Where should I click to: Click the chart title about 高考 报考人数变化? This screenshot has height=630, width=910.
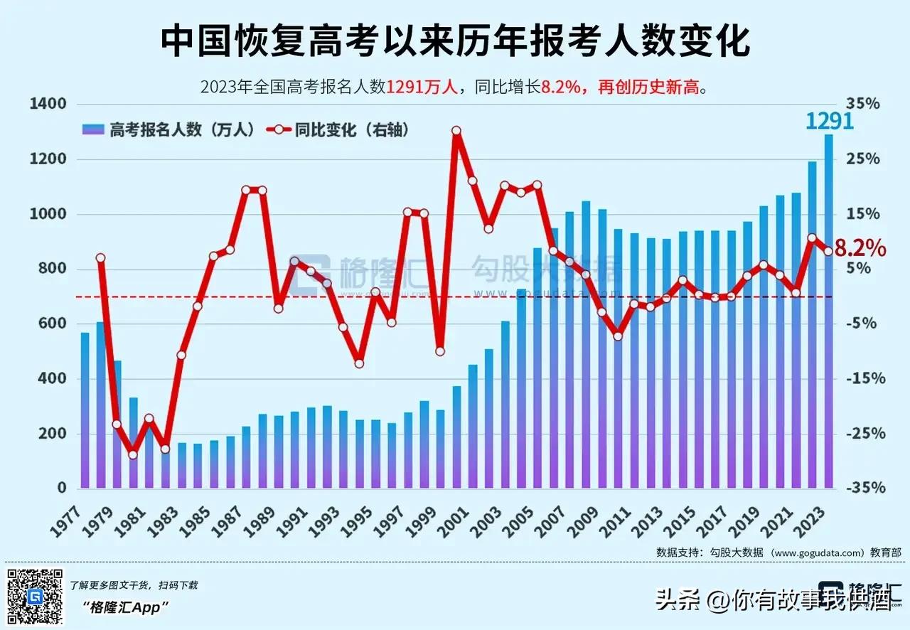click(x=455, y=42)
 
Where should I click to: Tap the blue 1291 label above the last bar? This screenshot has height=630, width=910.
click(x=829, y=120)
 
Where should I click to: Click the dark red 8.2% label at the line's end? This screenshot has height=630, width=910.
click(x=860, y=248)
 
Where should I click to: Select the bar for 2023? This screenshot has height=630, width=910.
click(x=828, y=313)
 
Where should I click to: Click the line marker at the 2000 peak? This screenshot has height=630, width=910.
click(x=456, y=131)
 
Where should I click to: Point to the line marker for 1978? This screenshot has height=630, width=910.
click(x=101, y=258)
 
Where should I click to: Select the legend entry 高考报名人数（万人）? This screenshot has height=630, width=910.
click(x=169, y=129)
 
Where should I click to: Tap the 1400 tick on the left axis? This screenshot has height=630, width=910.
click(x=49, y=104)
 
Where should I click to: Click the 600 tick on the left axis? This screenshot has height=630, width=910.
click(x=53, y=324)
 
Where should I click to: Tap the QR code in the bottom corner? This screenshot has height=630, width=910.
click(x=34, y=597)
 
